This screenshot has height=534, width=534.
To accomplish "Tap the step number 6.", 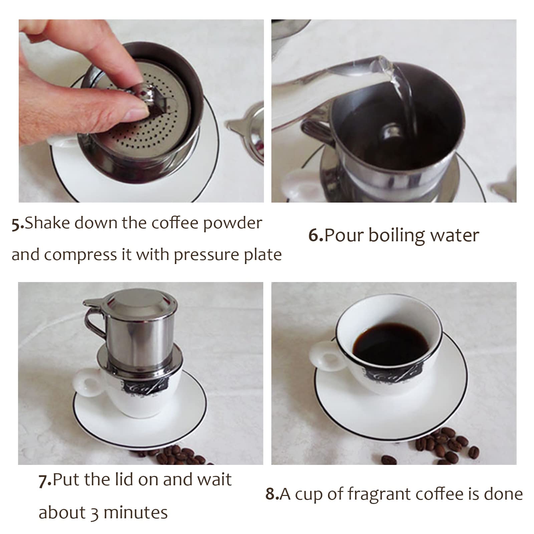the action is (x=315, y=235).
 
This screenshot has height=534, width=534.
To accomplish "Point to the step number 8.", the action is (x=272, y=494).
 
